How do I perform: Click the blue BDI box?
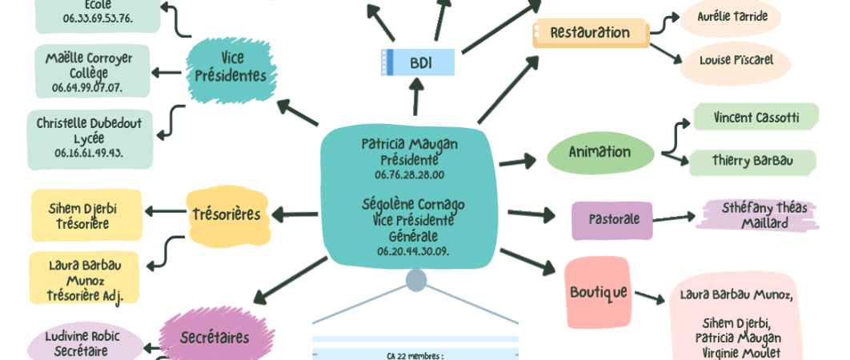[x=418, y=62]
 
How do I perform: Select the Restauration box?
[x=591, y=33]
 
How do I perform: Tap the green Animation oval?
[x=600, y=152]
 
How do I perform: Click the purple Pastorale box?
[x=612, y=219]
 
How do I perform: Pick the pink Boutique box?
[x=597, y=292]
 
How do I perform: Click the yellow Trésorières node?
[x=226, y=214]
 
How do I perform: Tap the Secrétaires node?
[x=215, y=338]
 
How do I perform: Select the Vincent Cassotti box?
[x=756, y=118]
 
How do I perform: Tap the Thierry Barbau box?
[x=752, y=161]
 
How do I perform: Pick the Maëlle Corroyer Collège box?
[x=90, y=71]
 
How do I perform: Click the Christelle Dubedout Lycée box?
[x=90, y=138]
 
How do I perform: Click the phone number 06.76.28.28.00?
[x=409, y=174]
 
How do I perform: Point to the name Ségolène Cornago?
[x=413, y=205]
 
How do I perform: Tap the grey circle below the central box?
[x=416, y=280]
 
